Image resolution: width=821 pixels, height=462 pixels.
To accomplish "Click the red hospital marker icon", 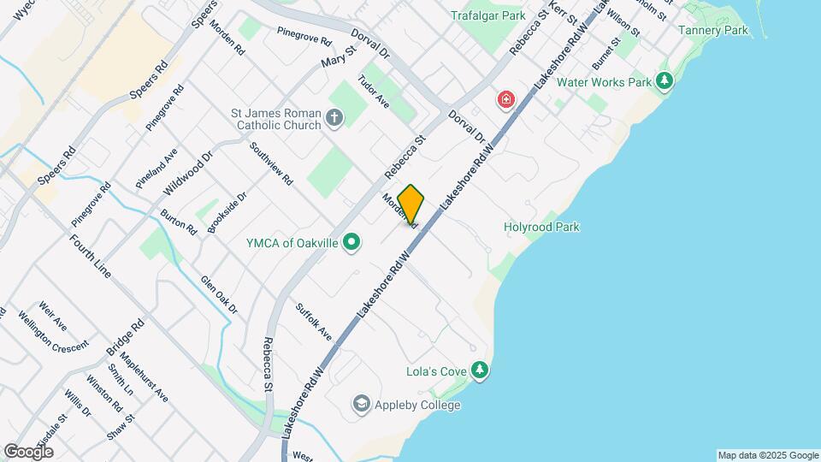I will [x=507, y=101].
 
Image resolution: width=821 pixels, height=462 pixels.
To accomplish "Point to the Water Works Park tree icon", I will [x=664, y=82].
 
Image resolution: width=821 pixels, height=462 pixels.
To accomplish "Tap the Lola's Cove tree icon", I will [x=480, y=370].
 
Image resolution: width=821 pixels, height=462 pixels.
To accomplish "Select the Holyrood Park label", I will [x=541, y=227].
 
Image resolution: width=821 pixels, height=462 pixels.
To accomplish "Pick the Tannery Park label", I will [x=712, y=30].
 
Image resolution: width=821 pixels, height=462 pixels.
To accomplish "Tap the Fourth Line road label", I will [x=91, y=255].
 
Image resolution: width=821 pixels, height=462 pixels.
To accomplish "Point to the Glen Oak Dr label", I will [x=219, y=295].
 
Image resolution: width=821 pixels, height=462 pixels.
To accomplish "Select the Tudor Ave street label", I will [x=379, y=92].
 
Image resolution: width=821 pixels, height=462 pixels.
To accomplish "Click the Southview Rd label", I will [x=272, y=163].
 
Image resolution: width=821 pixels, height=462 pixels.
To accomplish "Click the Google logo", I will [x=28, y=452].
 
